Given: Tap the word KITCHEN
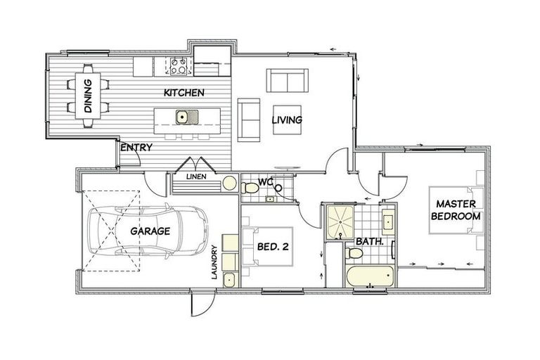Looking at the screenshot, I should (184, 93).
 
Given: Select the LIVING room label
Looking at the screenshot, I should (287, 120).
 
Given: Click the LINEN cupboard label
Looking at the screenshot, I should (196, 176).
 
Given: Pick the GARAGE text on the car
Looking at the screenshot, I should (149, 231).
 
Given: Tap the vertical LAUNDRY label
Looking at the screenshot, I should (215, 262).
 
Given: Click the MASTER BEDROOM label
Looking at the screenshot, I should (457, 210).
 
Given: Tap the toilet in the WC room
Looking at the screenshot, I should (250, 188).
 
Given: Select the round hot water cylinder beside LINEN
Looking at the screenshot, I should (229, 183).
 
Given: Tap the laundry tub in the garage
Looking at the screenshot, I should (229, 279).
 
